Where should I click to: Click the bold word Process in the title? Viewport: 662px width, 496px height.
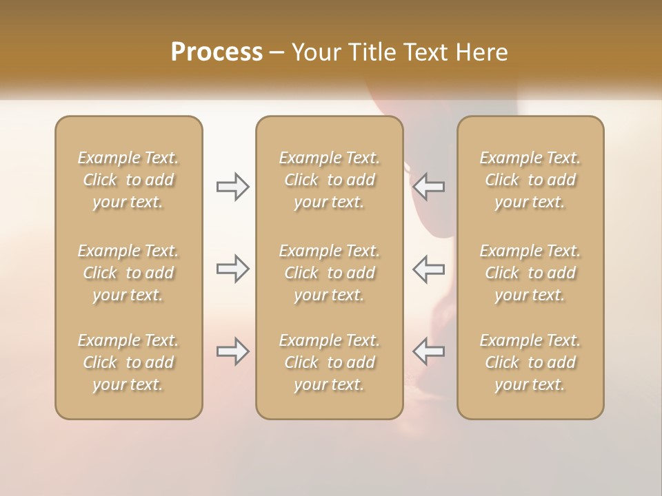point(217,52)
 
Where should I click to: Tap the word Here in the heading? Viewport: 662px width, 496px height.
point(482,52)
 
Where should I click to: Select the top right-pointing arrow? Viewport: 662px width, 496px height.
point(232,187)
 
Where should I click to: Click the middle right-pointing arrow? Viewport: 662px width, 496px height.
point(232,269)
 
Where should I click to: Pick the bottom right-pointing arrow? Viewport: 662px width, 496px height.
point(232,351)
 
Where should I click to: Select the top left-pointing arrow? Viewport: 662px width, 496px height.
point(429,187)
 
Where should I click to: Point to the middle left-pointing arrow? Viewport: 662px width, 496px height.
point(429,269)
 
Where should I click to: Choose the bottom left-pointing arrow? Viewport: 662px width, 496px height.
point(429,351)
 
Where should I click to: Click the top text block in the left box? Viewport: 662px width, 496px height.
point(128,180)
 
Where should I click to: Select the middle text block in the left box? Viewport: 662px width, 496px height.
point(128,273)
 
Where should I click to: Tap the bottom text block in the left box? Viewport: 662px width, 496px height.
point(128,362)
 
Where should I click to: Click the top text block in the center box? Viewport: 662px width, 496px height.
point(329,180)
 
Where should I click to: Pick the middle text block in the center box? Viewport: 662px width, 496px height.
point(329,273)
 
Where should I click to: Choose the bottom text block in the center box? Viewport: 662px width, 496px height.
point(329,362)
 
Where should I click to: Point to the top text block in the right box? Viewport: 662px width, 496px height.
point(530,180)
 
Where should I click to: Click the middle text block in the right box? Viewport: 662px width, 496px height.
point(530,273)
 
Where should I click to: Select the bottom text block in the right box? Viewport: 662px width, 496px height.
point(530,362)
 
